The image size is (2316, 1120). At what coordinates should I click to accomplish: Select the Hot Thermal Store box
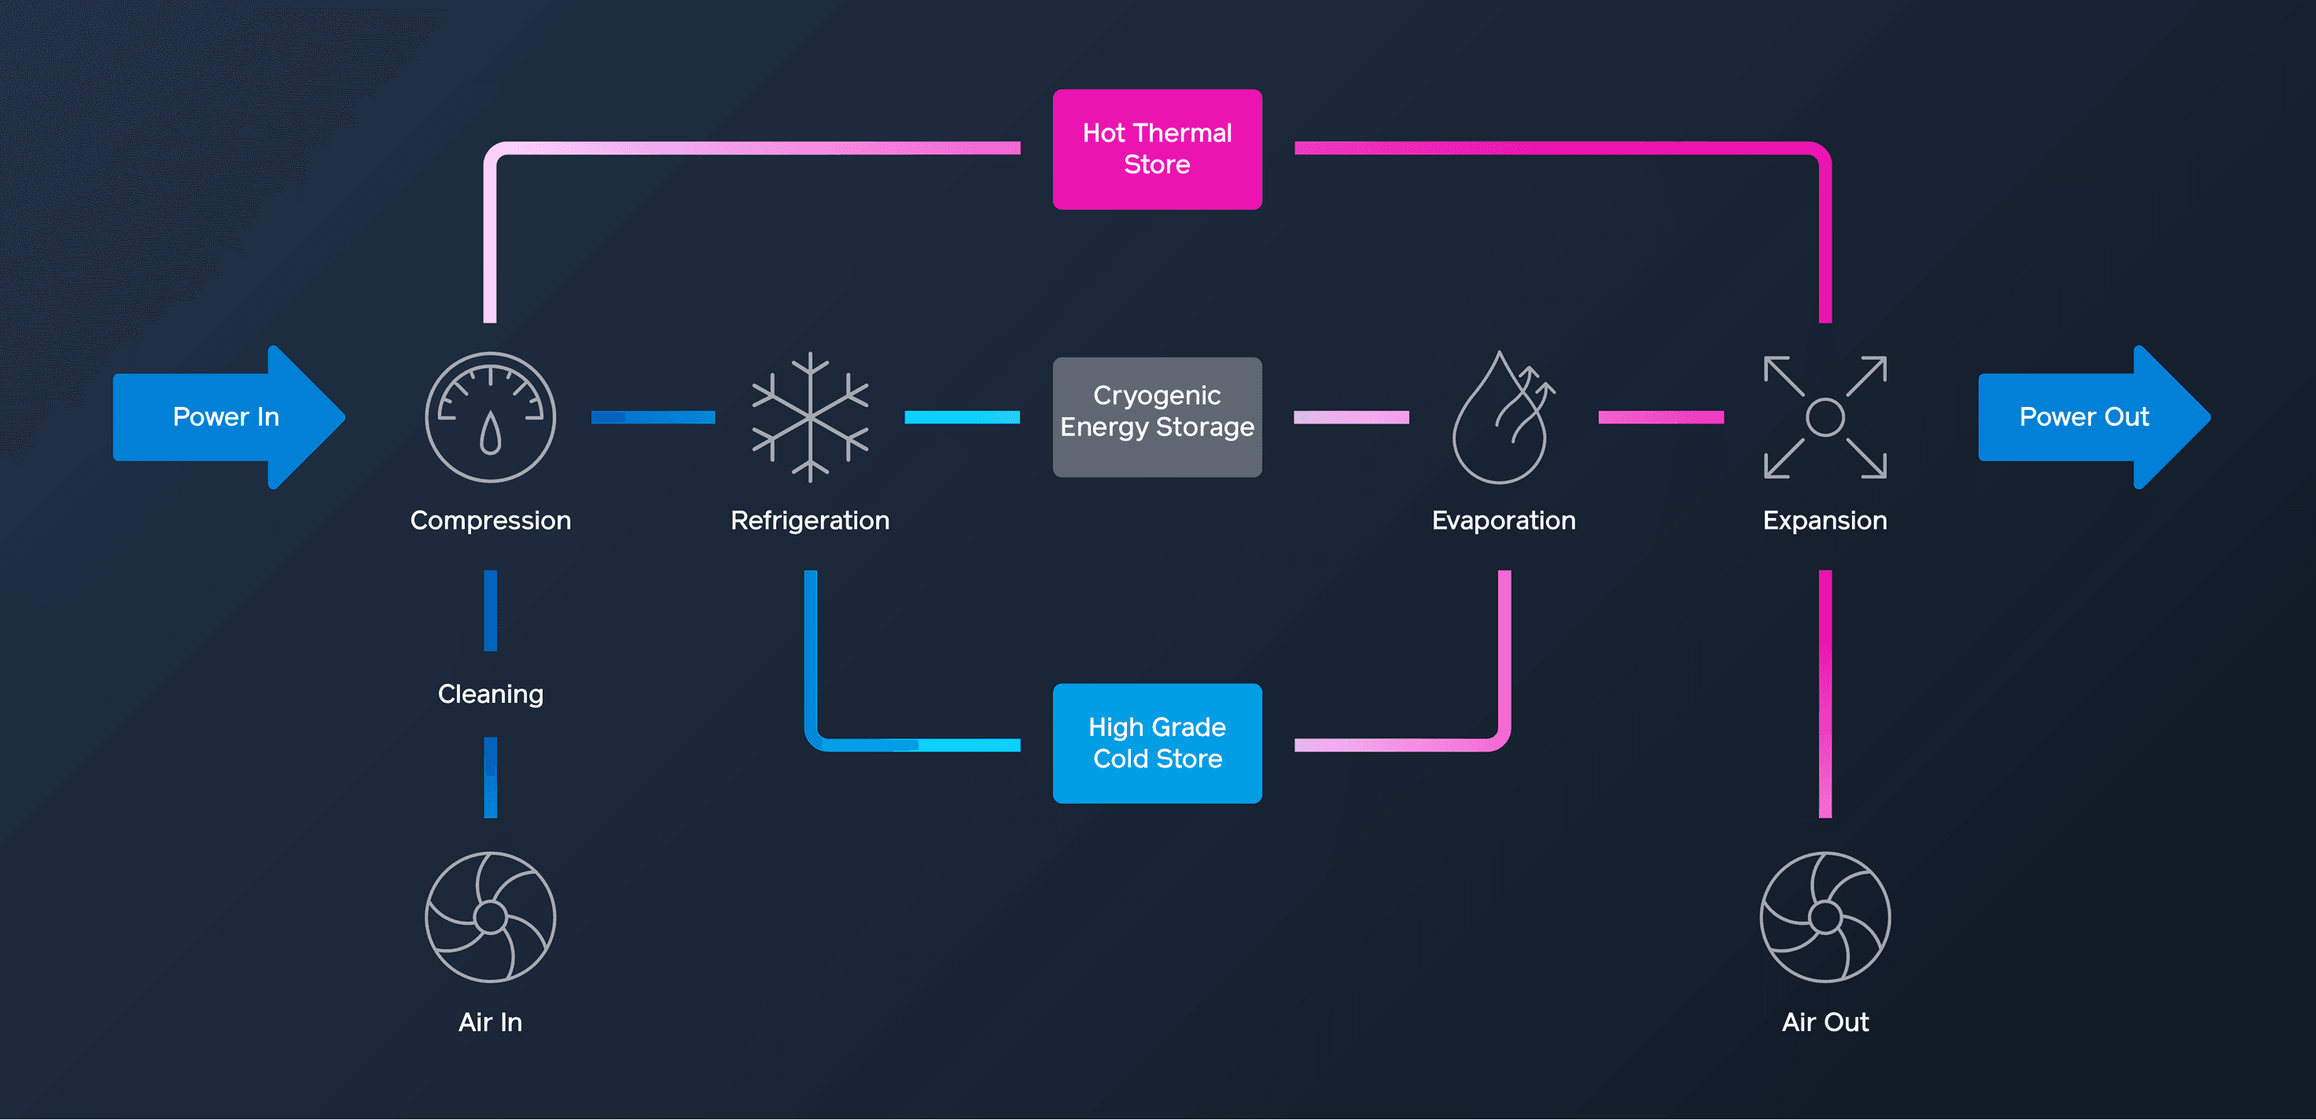pos(1157,150)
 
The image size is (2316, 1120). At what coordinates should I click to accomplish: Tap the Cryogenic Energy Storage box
pos(1157,417)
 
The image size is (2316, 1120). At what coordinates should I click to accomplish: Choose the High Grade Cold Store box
pos(1157,743)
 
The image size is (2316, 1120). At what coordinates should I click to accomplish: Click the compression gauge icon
pos(490,417)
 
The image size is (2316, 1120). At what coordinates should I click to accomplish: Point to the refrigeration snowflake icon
pos(810,417)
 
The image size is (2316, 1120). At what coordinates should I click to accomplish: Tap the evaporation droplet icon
pos(1501,417)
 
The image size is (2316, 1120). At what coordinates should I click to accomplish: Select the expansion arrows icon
pos(1825,417)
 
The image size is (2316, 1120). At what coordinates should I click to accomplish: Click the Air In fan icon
pos(490,917)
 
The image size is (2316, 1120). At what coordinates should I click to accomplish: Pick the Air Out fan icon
pos(1825,917)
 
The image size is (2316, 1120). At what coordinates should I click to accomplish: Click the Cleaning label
pos(490,693)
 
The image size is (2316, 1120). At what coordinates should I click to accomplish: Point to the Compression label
pos(490,520)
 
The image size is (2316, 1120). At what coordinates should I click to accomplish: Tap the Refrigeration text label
pos(810,520)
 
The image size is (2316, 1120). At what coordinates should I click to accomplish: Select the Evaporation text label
pos(1504,520)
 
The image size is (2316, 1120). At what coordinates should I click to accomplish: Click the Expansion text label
pos(1825,520)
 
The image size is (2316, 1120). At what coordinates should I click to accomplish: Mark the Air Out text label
pos(1825,1022)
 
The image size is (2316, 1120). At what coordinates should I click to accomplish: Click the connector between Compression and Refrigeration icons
pos(653,417)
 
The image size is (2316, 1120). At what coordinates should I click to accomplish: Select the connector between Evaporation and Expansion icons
pos(1661,417)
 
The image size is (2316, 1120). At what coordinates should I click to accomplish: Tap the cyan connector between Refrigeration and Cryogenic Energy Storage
pos(962,417)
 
